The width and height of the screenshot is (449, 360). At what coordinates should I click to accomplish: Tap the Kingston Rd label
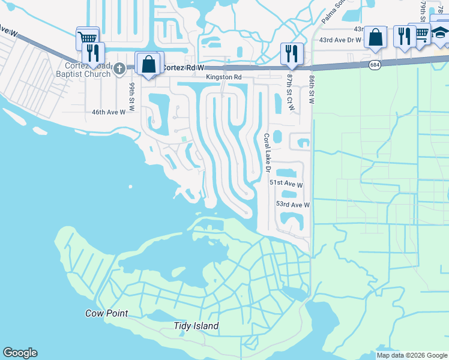223,77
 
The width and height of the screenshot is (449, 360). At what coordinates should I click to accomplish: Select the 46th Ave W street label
108,112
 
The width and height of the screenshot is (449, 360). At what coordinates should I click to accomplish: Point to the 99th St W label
131,94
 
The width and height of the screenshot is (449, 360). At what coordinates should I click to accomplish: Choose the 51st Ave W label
285,182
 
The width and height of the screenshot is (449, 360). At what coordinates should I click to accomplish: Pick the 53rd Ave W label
292,205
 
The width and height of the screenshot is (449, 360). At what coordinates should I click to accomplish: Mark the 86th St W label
312,89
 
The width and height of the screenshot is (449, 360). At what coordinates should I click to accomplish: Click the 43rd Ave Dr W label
340,40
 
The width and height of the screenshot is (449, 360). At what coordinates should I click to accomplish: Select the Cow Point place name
107,313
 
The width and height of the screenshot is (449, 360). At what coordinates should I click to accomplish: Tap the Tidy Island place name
196,326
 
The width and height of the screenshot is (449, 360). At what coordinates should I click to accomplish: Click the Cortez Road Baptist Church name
89,70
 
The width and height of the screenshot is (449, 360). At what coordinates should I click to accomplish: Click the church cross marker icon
120,68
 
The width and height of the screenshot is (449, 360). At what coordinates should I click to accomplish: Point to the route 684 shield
375,64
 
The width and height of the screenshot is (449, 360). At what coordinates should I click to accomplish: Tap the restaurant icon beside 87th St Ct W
292,53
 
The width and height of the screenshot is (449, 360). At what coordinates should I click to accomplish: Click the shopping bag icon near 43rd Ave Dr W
375,37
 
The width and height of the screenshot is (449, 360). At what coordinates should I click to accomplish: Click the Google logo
20,353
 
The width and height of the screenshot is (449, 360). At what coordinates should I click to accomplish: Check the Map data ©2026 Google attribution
411,355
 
